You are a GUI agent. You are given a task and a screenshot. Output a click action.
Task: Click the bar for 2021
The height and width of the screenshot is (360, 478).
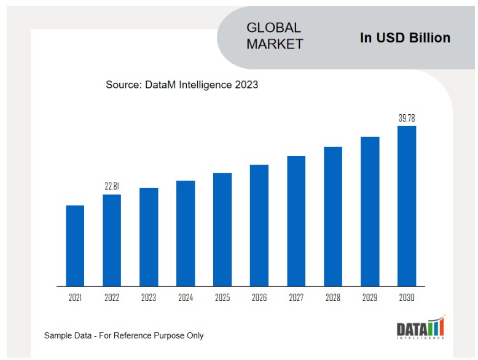point(75,246)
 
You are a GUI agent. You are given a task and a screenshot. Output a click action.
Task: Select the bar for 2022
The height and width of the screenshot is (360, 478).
point(112,240)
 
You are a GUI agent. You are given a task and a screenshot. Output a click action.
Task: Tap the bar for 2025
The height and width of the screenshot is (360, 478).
point(222,230)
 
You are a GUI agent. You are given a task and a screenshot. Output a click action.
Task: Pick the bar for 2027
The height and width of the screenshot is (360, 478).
point(296,221)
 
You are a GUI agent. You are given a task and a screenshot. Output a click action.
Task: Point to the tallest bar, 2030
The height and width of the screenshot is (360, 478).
point(407,206)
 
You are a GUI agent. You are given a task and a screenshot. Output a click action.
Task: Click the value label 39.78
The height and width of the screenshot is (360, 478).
point(407,118)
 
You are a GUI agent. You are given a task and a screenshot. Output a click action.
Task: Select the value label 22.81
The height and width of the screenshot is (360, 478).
point(112,186)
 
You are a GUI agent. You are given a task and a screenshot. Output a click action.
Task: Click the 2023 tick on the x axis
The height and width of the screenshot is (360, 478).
point(149,298)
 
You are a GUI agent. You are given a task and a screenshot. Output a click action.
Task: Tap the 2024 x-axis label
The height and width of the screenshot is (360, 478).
point(186,298)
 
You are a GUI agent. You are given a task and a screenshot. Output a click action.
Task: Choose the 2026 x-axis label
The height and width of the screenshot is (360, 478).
point(259,298)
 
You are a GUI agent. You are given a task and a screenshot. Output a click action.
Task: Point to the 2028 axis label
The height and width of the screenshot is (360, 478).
point(333,298)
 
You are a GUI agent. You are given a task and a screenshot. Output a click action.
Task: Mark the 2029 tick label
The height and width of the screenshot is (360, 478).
point(370,298)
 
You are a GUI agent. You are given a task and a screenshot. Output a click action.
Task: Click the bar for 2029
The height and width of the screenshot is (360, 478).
point(370,211)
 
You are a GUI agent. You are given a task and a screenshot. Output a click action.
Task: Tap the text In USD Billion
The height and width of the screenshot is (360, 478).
point(405,37)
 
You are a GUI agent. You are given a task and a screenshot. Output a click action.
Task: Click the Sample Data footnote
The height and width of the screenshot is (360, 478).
point(123,335)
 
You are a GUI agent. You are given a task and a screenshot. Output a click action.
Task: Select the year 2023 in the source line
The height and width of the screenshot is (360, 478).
point(246,85)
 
